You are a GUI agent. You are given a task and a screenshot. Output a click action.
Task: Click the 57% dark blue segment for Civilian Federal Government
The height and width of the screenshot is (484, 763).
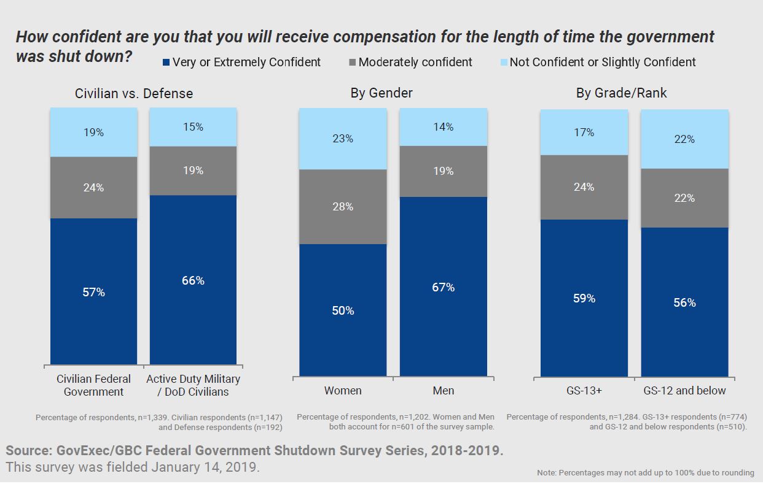pos(93,291)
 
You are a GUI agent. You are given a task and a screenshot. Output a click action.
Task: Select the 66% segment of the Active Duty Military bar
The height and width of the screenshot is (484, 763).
pos(193,280)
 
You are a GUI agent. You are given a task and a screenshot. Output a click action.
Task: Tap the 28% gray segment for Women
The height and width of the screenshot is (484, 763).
pos(343,207)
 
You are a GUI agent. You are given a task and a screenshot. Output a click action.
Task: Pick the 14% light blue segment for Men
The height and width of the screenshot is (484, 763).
pos(443,127)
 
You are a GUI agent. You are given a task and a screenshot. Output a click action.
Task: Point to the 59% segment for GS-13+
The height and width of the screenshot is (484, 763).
pos(584,298)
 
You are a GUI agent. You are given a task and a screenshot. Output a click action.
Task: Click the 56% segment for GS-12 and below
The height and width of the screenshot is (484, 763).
pos(684,302)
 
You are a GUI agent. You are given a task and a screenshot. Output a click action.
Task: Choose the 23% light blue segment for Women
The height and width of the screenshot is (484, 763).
pos(343,139)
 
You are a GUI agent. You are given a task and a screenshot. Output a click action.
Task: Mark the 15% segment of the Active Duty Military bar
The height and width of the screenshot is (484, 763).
pos(193,127)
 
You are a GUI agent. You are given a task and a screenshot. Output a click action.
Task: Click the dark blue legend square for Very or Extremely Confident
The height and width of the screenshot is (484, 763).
pos(166,62)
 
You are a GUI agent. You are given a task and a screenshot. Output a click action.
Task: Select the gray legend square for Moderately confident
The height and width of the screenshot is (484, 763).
pos(351,62)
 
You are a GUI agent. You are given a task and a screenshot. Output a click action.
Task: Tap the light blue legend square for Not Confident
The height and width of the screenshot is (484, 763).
pos(503,62)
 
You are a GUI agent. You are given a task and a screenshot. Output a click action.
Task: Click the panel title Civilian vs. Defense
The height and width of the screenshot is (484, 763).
pos(134,93)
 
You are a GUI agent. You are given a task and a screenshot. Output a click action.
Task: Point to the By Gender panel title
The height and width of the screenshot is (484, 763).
pos(381,93)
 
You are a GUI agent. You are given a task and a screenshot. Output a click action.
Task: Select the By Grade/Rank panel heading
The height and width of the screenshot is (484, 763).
pos(621,93)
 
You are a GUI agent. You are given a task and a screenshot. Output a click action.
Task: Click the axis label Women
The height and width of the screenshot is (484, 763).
pos(343,390)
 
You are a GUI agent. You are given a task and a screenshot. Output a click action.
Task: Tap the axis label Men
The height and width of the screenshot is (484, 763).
pos(443,390)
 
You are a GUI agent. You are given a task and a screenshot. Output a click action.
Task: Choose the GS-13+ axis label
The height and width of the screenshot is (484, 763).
pos(584,390)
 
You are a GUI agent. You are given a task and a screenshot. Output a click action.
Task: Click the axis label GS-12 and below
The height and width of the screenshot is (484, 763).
pos(684,390)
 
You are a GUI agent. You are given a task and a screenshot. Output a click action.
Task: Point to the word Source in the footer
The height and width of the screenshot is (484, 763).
pos(27,450)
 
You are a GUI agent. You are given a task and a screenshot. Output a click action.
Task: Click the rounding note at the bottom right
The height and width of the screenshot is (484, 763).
pos(645,472)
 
